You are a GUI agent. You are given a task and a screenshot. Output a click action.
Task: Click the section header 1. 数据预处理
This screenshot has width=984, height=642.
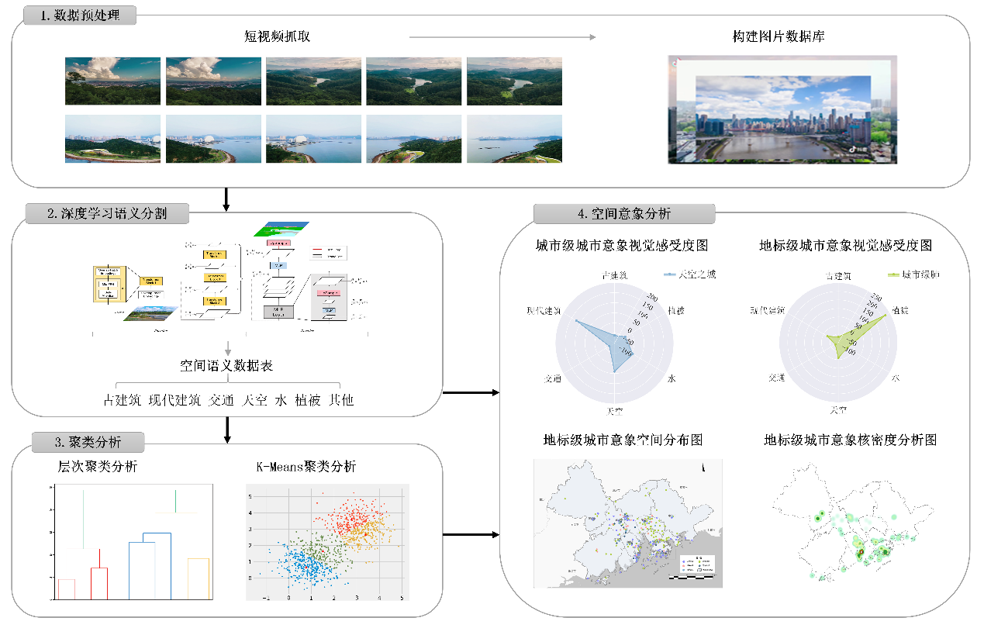point(81,16)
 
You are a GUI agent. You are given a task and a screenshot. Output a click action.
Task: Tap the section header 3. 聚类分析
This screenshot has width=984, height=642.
point(88,442)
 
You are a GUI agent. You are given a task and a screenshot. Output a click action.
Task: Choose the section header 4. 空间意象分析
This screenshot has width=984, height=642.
point(624,214)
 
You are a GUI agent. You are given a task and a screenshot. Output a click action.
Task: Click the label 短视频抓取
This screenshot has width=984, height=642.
point(277,36)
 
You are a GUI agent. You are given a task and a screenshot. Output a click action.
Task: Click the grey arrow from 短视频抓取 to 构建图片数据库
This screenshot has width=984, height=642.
point(502,36)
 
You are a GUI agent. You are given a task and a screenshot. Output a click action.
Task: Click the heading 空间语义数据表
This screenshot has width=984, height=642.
point(226,366)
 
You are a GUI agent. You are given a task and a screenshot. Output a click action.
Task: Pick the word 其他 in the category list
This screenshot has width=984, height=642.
point(340,400)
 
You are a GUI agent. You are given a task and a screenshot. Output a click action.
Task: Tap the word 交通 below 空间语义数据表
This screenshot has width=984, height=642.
point(221,400)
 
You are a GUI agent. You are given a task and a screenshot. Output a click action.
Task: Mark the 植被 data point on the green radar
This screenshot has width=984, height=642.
point(885,316)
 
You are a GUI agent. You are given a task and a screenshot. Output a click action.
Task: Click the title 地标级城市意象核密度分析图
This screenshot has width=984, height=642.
point(850,440)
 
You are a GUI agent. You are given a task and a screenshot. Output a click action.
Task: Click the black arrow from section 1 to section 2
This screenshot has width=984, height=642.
point(226,199)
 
